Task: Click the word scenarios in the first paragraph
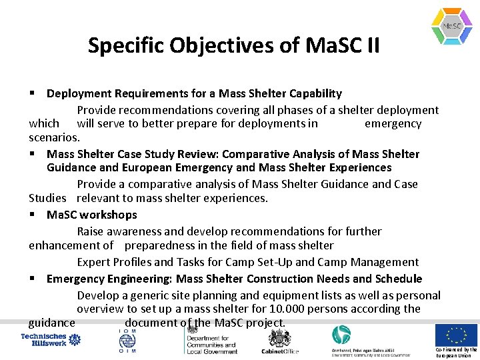(x=53, y=137)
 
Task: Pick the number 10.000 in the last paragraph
(x=290, y=309)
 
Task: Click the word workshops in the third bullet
(x=109, y=215)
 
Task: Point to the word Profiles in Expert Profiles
(x=137, y=262)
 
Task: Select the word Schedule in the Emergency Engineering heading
(x=395, y=279)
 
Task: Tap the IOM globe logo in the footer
(x=127, y=340)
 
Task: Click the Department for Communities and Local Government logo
(x=211, y=340)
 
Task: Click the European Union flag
(x=456, y=335)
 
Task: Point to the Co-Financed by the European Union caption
(x=456, y=352)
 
